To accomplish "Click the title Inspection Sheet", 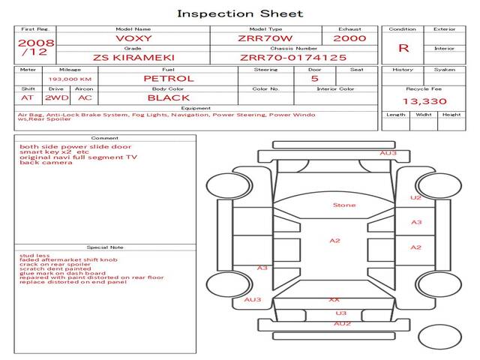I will click(x=240, y=13).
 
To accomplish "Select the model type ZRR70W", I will click(x=265, y=38).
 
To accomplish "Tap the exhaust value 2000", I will click(x=349, y=38).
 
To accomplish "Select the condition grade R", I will click(x=403, y=48).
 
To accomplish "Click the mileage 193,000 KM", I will click(x=70, y=78).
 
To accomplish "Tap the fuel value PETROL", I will click(x=168, y=78).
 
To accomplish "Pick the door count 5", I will click(x=314, y=78).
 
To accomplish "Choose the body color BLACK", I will click(x=168, y=97).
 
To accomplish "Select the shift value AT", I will click(x=27, y=97).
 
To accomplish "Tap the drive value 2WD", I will click(x=54, y=97).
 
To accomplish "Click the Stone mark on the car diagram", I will click(x=344, y=205).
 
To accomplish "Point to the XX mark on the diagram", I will click(x=334, y=299).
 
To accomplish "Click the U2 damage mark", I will click(x=415, y=198).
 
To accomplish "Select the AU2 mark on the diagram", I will click(x=342, y=323).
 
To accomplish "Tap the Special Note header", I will click(x=105, y=247).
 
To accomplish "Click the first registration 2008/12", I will click(x=35, y=48).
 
